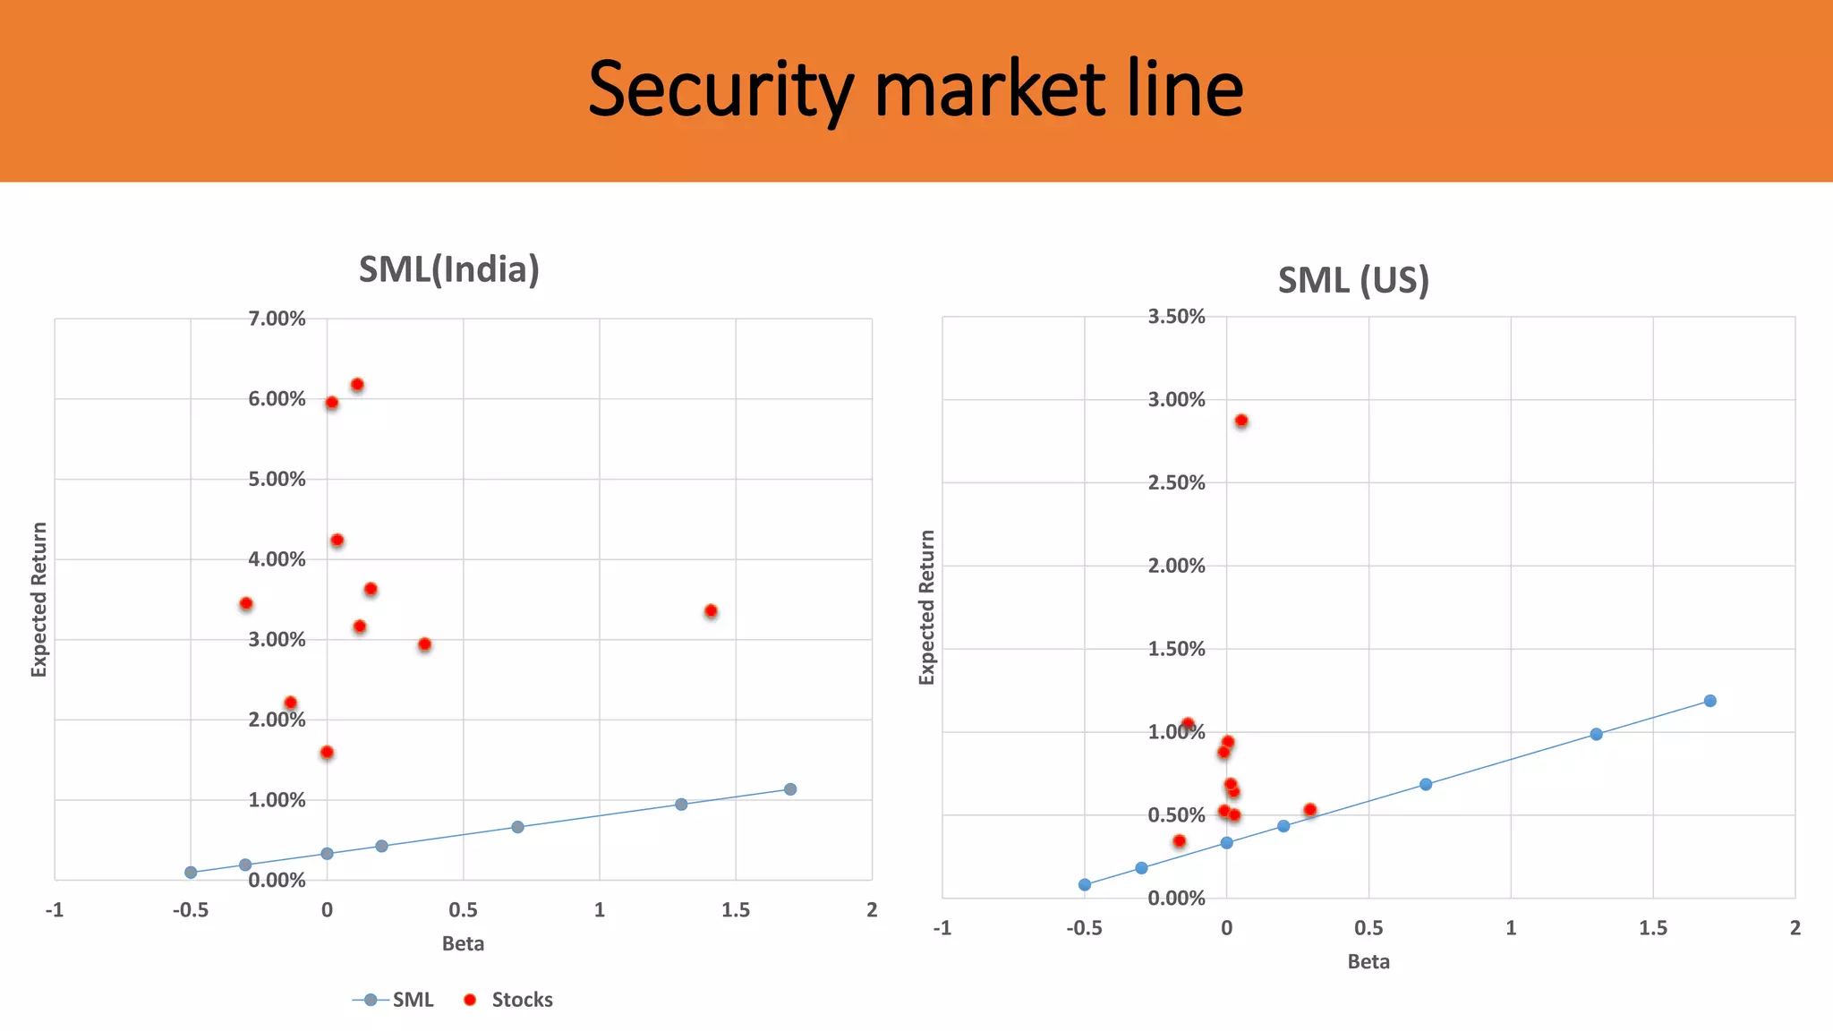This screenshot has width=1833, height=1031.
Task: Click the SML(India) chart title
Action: click(x=448, y=269)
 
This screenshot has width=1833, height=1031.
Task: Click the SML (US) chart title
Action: click(x=1352, y=280)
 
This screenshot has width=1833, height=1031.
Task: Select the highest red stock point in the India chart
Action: click(x=357, y=385)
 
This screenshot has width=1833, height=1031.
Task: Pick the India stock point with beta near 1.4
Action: click(x=711, y=611)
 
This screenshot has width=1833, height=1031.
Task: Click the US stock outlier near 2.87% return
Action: click(x=1241, y=421)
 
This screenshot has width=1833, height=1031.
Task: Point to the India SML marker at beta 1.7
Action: click(x=790, y=789)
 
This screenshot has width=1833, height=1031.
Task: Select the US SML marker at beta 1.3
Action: click(x=1596, y=734)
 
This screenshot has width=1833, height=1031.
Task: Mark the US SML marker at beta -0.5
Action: click(x=1085, y=884)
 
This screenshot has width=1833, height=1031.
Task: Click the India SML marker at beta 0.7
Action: click(x=517, y=827)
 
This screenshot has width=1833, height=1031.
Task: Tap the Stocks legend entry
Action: click(x=509, y=1000)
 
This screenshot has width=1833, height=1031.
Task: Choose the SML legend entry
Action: click(x=395, y=1000)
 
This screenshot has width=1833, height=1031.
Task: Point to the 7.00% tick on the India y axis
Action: click(x=277, y=319)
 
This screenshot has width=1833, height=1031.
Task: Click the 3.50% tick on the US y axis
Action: click(x=1176, y=317)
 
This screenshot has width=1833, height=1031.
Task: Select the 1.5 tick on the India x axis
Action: click(x=736, y=910)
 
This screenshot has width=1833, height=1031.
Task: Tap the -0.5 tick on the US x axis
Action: click(x=1084, y=928)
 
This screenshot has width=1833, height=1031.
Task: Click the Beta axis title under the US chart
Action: click(x=1368, y=962)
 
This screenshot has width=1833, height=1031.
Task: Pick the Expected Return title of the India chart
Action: click(x=38, y=600)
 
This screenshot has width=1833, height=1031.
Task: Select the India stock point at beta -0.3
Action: click(x=246, y=604)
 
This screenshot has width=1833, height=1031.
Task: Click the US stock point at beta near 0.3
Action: click(x=1310, y=810)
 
